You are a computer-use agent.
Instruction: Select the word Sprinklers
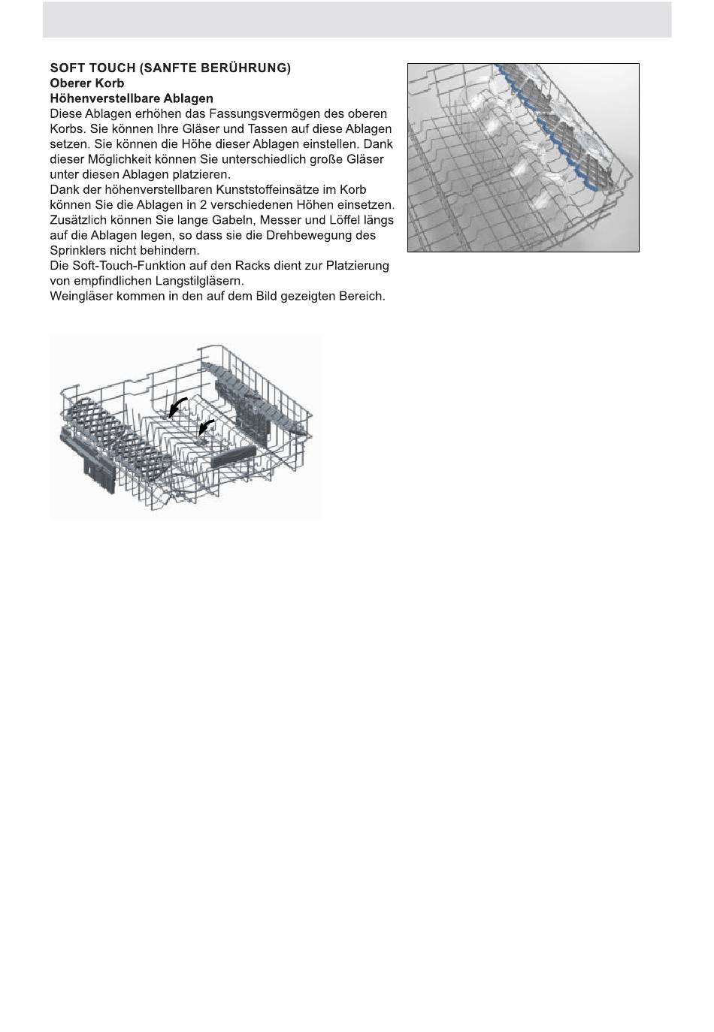(77, 250)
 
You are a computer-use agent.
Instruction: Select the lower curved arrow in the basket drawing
(206, 428)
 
